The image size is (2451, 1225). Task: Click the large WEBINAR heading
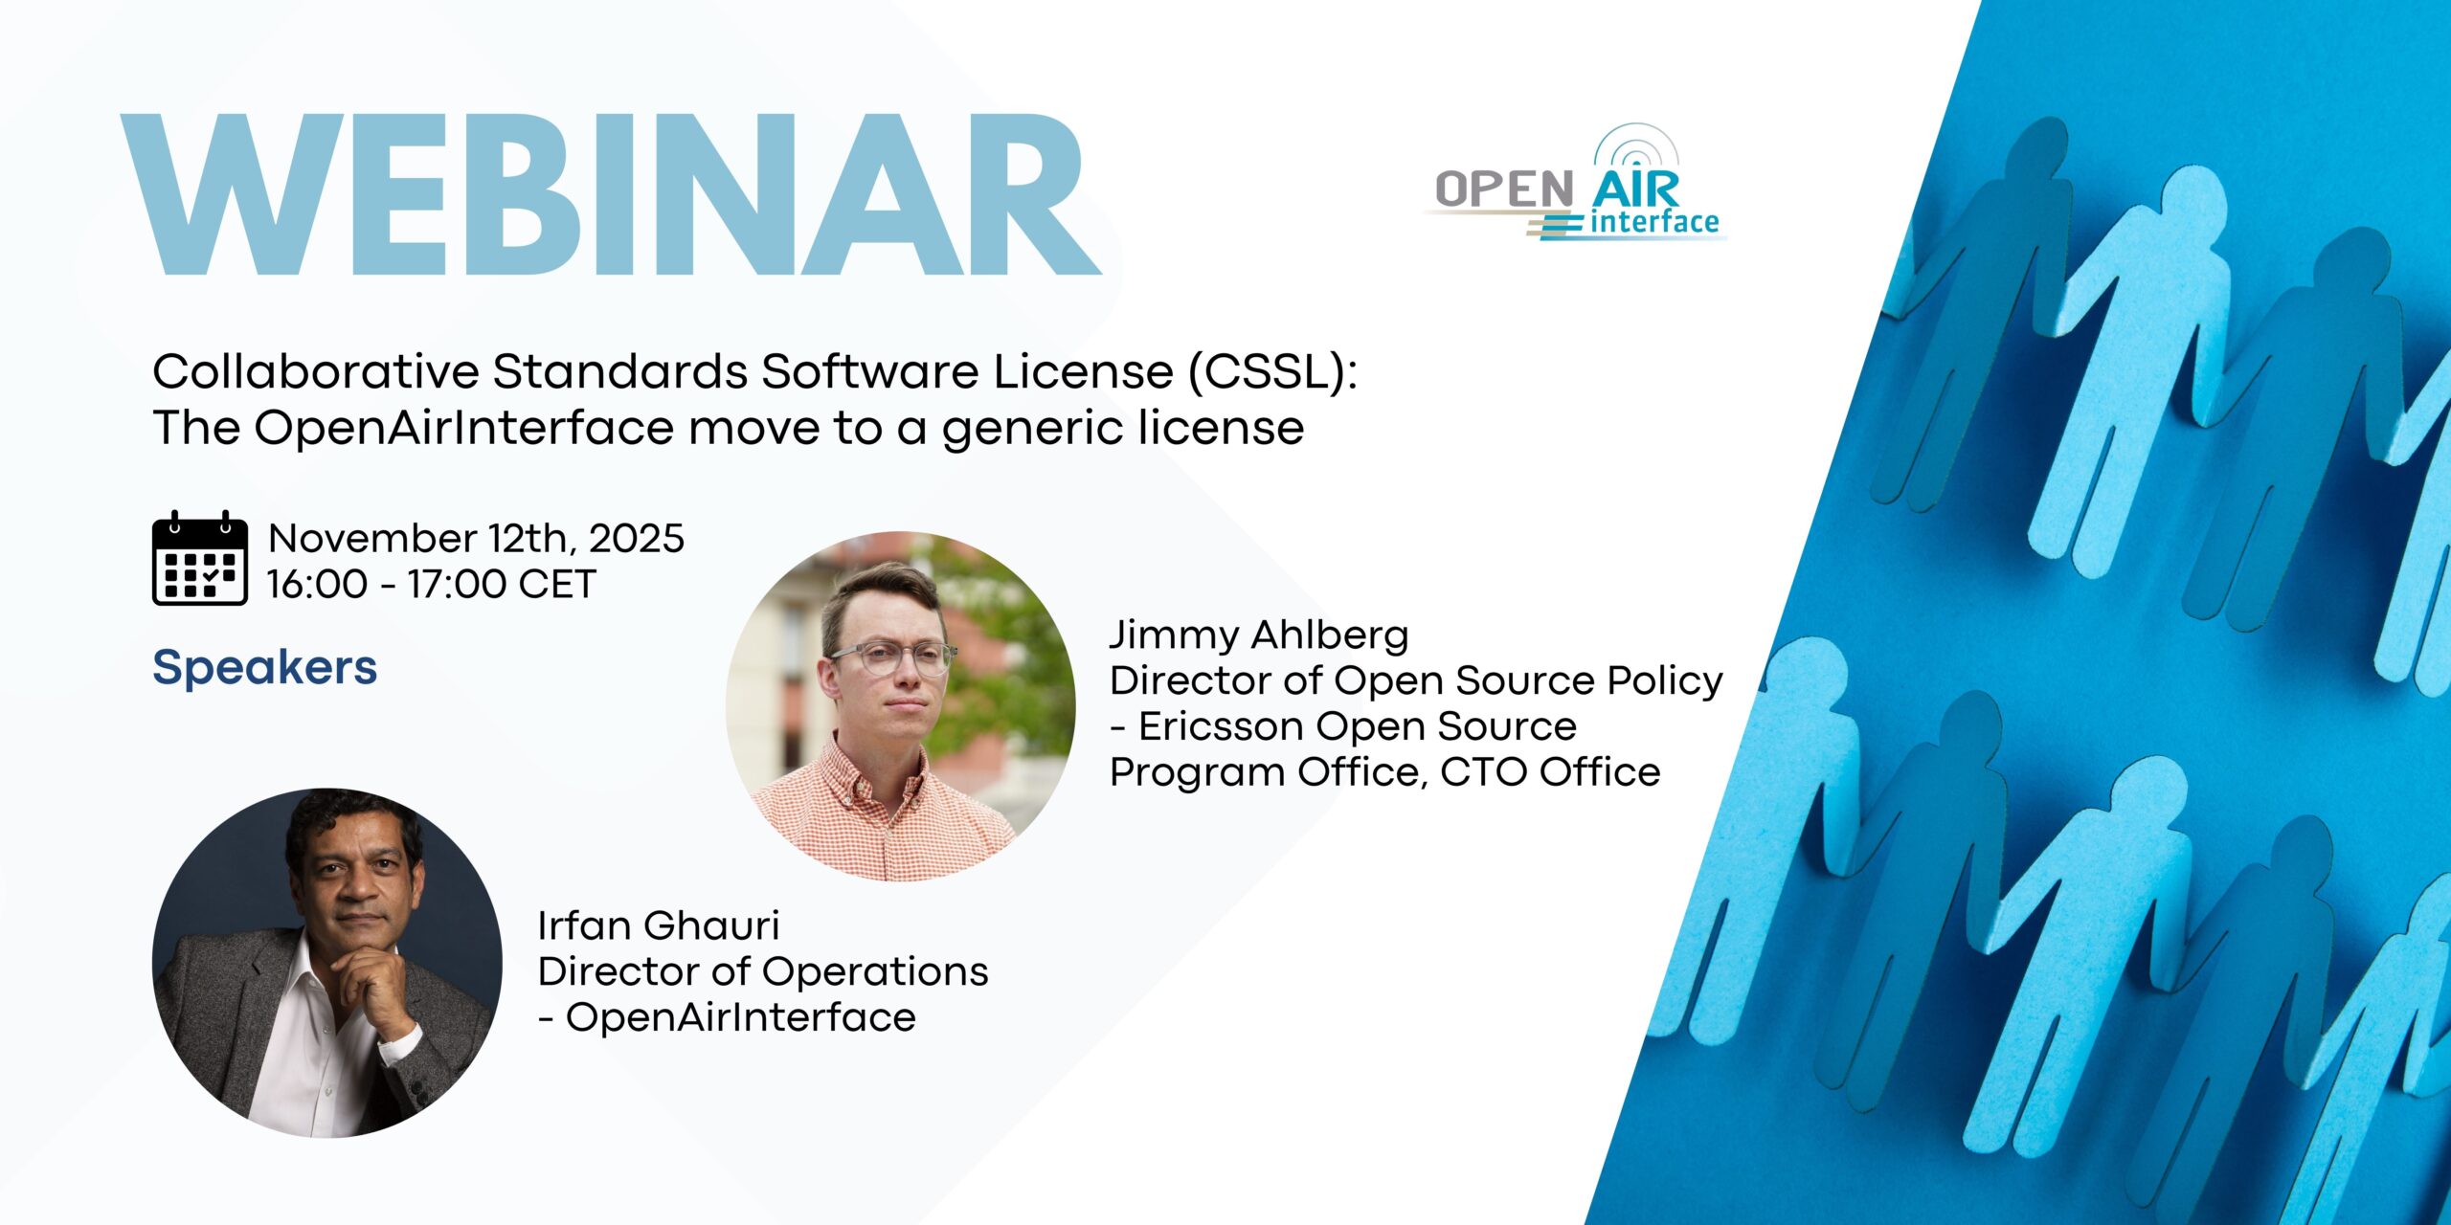[611, 195]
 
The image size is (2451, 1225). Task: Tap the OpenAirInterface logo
[1578, 183]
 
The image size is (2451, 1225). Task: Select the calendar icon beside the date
[200, 558]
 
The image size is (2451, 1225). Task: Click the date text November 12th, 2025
[476, 538]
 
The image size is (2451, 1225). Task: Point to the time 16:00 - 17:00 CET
[432, 584]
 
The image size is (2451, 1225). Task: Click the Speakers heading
[265, 667]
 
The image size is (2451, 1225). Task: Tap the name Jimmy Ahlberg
[1259, 635]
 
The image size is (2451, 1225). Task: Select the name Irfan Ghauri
[659, 925]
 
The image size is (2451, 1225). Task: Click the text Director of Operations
[763, 971]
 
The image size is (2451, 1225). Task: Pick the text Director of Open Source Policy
[1416, 680]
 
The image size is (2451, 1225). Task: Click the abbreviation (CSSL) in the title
[1272, 372]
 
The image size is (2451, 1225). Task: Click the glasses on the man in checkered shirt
[893, 658]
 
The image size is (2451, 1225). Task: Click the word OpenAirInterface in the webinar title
[463, 427]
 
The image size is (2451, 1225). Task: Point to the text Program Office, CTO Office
[1384, 772]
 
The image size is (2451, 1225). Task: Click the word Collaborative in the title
[316, 371]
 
